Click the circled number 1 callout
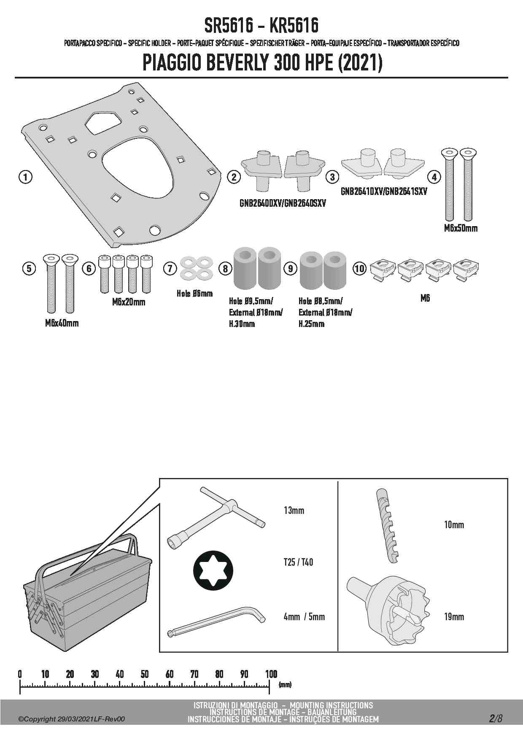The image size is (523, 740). coord(25,177)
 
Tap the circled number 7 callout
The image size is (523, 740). coord(170,268)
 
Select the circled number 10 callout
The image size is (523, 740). coord(359,268)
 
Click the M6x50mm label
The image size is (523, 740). coord(461,228)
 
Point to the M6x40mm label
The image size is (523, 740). coord(62,323)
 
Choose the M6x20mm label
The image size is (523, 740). coord(129,302)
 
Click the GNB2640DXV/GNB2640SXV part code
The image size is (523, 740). coord(283,203)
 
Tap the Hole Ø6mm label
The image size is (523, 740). coord(194,294)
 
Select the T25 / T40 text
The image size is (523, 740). coord(298,562)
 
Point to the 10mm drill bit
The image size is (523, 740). coord(387,525)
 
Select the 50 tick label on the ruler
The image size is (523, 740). coord(145,674)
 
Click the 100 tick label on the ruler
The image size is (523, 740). coord(271,674)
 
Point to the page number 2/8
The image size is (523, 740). coord(496,718)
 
